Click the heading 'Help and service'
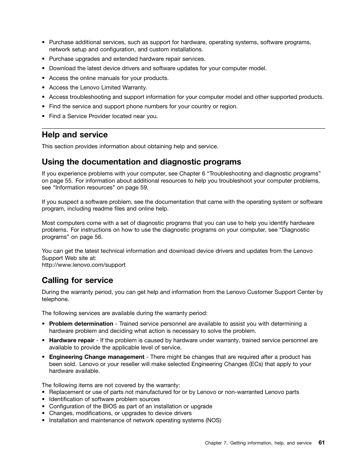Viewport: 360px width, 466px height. point(75,135)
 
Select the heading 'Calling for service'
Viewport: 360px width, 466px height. point(77,280)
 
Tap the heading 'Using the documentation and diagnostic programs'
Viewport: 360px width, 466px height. point(141,162)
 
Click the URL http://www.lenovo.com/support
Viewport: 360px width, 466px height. point(83,265)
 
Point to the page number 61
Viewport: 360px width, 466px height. point(321,443)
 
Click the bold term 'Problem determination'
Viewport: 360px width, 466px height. point(81,324)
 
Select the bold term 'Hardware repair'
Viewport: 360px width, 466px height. point(72,340)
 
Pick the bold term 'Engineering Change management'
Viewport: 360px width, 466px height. point(97,357)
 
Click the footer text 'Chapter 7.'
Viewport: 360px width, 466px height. point(216,443)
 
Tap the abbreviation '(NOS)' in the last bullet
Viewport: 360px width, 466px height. point(213,420)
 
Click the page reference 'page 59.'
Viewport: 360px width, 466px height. point(137,188)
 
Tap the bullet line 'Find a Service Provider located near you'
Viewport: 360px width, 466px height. point(103,116)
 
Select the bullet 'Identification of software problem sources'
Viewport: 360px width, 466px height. point(105,399)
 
